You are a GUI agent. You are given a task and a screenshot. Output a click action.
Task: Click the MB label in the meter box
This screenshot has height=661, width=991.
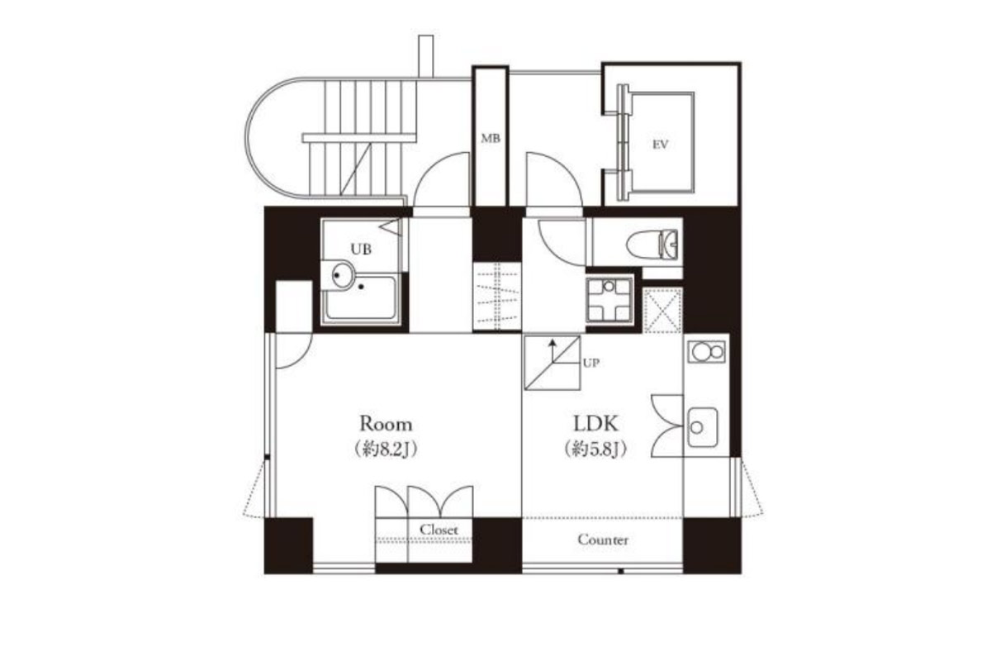pos(491,139)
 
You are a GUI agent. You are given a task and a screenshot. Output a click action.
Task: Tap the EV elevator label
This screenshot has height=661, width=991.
pos(660,145)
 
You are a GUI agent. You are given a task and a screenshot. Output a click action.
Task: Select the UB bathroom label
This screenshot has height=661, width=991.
pos(361,250)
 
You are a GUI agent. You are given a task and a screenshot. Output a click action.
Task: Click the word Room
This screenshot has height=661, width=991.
pos(386,424)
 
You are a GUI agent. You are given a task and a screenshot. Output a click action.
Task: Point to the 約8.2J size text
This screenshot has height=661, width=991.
pos(386,449)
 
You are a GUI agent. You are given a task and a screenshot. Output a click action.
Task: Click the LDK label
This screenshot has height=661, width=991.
pos(595,424)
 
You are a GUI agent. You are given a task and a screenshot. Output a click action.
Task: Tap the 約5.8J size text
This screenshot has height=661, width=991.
pos(595,449)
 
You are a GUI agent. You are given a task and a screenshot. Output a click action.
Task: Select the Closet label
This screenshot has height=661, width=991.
pos(439,530)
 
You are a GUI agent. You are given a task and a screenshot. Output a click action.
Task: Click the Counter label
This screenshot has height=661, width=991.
pos(603,540)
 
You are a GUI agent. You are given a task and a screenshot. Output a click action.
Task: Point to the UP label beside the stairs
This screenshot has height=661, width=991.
pos(591,363)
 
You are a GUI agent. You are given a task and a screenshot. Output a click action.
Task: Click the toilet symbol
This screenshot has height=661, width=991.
pos(652,244)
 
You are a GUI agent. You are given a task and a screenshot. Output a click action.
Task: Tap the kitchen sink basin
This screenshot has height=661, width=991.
pos(702,427)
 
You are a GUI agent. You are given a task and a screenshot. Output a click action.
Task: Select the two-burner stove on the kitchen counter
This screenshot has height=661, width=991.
pos(707,353)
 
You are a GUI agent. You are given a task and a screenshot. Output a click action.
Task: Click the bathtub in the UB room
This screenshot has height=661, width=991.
pos(361,297)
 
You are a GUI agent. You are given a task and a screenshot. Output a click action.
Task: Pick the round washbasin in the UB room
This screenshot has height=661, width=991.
pos(343,275)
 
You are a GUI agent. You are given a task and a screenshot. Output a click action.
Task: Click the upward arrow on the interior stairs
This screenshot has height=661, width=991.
pos(552,350)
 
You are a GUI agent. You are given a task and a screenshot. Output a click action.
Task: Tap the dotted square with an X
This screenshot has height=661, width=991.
pos(661,310)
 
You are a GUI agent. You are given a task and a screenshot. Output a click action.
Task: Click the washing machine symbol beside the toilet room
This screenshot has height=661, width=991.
pos(609,300)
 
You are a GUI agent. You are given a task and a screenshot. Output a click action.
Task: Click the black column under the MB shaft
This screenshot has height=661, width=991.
pos(497,235)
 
